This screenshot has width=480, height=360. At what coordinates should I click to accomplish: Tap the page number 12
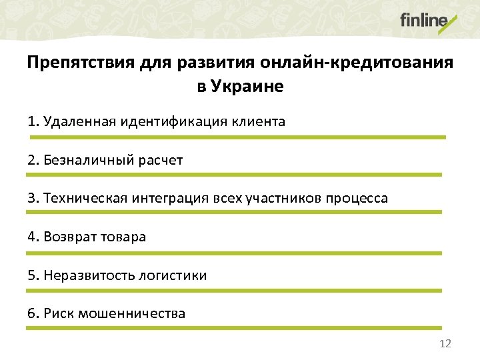(x=446, y=343)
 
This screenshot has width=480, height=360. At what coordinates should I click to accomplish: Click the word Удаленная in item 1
(x=79, y=121)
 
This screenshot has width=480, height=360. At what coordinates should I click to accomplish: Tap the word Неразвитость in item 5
(x=87, y=275)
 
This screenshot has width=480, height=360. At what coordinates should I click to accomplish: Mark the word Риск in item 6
(x=59, y=313)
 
